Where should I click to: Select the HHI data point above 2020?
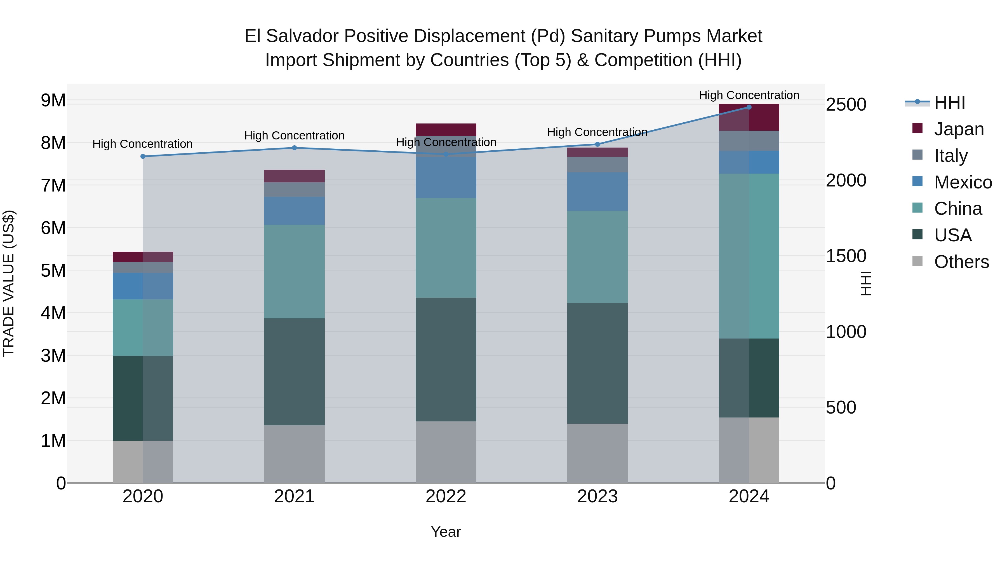(x=143, y=157)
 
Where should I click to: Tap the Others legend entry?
(x=961, y=262)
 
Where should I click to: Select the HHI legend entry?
(x=949, y=102)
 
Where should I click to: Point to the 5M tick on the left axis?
(x=53, y=270)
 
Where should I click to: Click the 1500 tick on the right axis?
(x=846, y=256)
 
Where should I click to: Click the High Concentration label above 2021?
(x=294, y=136)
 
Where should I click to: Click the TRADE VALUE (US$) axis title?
(x=9, y=283)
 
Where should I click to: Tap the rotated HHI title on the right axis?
(x=866, y=283)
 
